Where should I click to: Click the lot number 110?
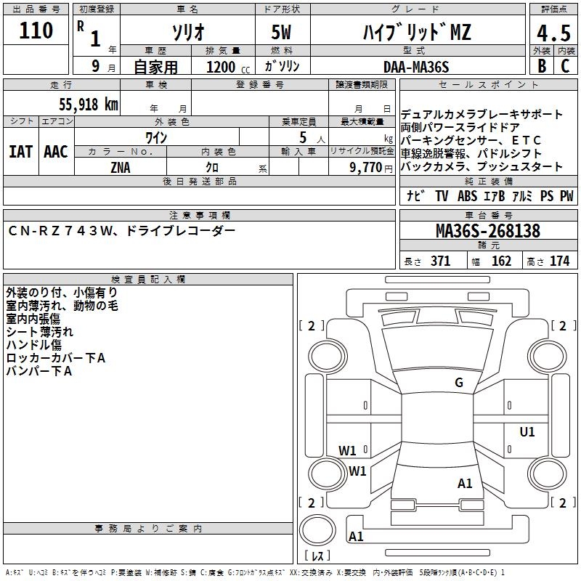tap(37, 31)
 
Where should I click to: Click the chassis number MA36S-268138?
tap(488, 232)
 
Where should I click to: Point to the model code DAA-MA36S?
tap(417, 66)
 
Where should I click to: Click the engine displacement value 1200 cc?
tap(221, 67)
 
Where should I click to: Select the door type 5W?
tap(282, 33)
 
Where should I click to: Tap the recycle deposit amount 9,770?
tap(365, 167)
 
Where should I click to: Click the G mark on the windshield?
tap(459, 383)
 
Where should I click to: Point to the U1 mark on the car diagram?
tap(527, 432)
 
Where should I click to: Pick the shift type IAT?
tap(20, 152)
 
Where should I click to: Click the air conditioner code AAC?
tap(56, 152)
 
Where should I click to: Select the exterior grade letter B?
tap(542, 66)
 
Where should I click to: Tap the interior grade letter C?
tap(565, 66)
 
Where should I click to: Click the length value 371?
tap(439, 261)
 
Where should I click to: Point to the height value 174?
tap(559, 261)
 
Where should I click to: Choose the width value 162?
tap(501, 261)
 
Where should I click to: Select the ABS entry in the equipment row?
tap(467, 196)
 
